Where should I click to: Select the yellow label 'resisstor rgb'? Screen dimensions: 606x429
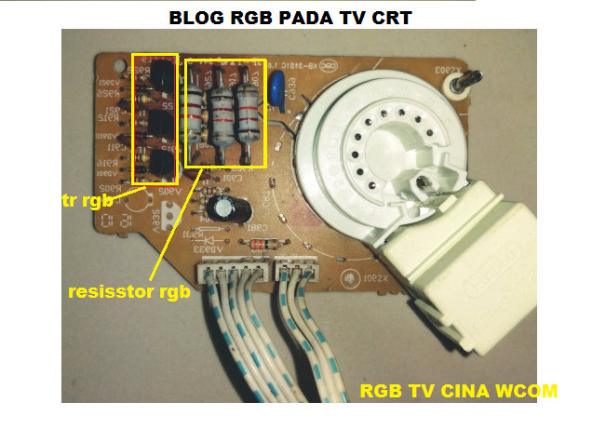[x=130, y=290]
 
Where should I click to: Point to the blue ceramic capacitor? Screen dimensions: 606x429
[x=276, y=87]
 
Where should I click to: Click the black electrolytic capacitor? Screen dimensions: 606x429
[x=222, y=207]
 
